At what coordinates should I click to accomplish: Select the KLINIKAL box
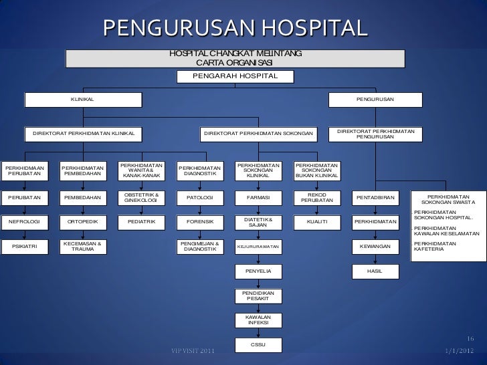(x=83, y=100)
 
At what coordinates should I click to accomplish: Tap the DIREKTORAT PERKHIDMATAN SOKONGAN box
(x=258, y=134)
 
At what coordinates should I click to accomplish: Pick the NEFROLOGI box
(x=24, y=221)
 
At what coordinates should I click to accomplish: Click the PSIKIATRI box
(x=24, y=247)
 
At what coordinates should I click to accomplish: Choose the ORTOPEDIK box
(x=83, y=221)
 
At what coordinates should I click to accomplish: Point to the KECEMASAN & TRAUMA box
(x=83, y=247)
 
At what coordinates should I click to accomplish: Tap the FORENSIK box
(x=200, y=221)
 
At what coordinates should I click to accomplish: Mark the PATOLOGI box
(x=200, y=198)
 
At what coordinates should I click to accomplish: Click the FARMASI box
(x=258, y=198)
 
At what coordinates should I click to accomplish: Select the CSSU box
(x=258, y=344)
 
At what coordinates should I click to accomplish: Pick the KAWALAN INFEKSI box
(x=258, y=320)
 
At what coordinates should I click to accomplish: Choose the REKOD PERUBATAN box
(x=316, y=198)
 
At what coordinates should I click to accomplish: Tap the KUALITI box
(x=316, y=221)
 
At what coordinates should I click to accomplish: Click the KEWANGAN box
(x=375, y=247)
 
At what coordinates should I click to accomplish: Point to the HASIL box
(x=375, y=271)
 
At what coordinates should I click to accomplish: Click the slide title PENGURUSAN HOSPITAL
(x=235, y=28)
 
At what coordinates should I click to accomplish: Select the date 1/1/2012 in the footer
(x=459, y=352)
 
